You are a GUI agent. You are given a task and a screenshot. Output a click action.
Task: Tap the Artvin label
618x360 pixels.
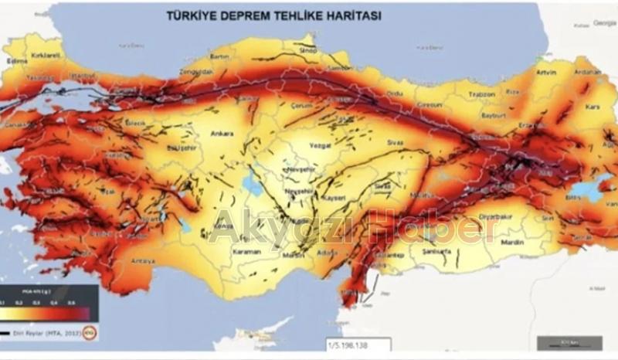[545, 73]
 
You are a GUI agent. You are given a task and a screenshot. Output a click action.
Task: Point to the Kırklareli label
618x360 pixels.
[46, 56]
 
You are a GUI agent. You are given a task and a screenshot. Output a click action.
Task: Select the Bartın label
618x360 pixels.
[220, 56]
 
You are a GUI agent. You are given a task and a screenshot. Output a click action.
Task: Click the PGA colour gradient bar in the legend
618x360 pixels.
[49, 311]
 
